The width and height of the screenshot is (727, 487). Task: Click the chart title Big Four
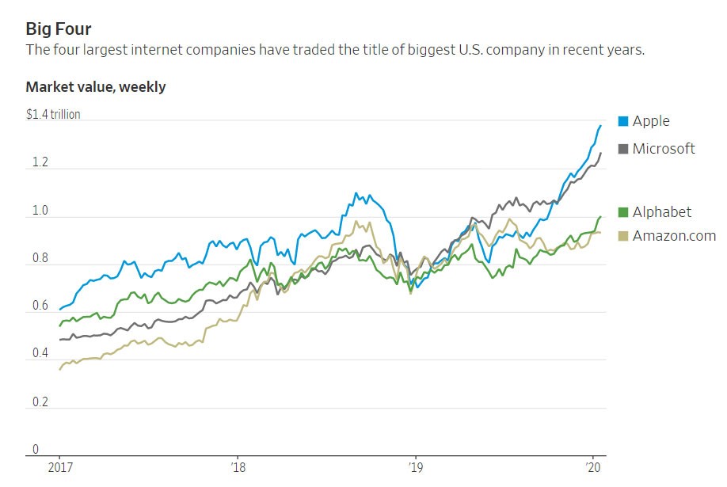point(59,30)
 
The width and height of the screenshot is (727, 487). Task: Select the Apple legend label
point(651,121)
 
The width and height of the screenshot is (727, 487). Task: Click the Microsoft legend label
point(664,148)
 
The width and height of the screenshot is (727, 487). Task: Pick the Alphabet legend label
point(662,211)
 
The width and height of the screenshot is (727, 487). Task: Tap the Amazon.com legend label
point(674,235)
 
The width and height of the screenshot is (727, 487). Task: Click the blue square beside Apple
point(622,121)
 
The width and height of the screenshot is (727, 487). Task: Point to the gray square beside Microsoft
point(622,148)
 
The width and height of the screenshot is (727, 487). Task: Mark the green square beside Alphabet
point(622,211)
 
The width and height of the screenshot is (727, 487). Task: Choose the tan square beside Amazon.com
point(622,235)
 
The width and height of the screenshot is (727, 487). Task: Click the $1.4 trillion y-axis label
point(53,115)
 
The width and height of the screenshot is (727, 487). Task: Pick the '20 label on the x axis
point(591,466)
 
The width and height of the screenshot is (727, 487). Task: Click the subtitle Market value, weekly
point(96,87)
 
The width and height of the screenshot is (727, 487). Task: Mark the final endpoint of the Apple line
point(600,125)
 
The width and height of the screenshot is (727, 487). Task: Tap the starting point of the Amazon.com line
point(59,370)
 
